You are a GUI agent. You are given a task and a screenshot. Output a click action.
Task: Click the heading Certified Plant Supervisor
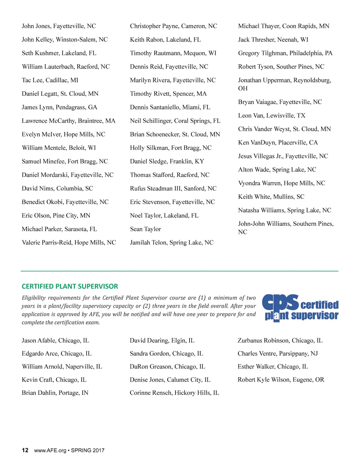70,286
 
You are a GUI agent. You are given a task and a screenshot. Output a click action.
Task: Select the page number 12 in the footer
25,450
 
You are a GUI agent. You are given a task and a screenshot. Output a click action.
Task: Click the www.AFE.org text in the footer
50,451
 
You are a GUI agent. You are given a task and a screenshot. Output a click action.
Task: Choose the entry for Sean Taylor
146,229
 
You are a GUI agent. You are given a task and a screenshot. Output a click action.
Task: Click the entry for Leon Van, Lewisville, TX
272,116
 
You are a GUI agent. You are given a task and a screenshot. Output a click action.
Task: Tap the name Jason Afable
38,340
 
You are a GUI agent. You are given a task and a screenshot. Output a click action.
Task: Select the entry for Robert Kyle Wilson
281,380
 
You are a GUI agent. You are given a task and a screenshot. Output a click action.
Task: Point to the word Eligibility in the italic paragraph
33,298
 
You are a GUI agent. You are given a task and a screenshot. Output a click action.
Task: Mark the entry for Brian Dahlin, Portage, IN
55,393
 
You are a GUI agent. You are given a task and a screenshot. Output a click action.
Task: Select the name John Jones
36,26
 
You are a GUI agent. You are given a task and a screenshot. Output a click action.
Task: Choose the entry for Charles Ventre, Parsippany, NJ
278,353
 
